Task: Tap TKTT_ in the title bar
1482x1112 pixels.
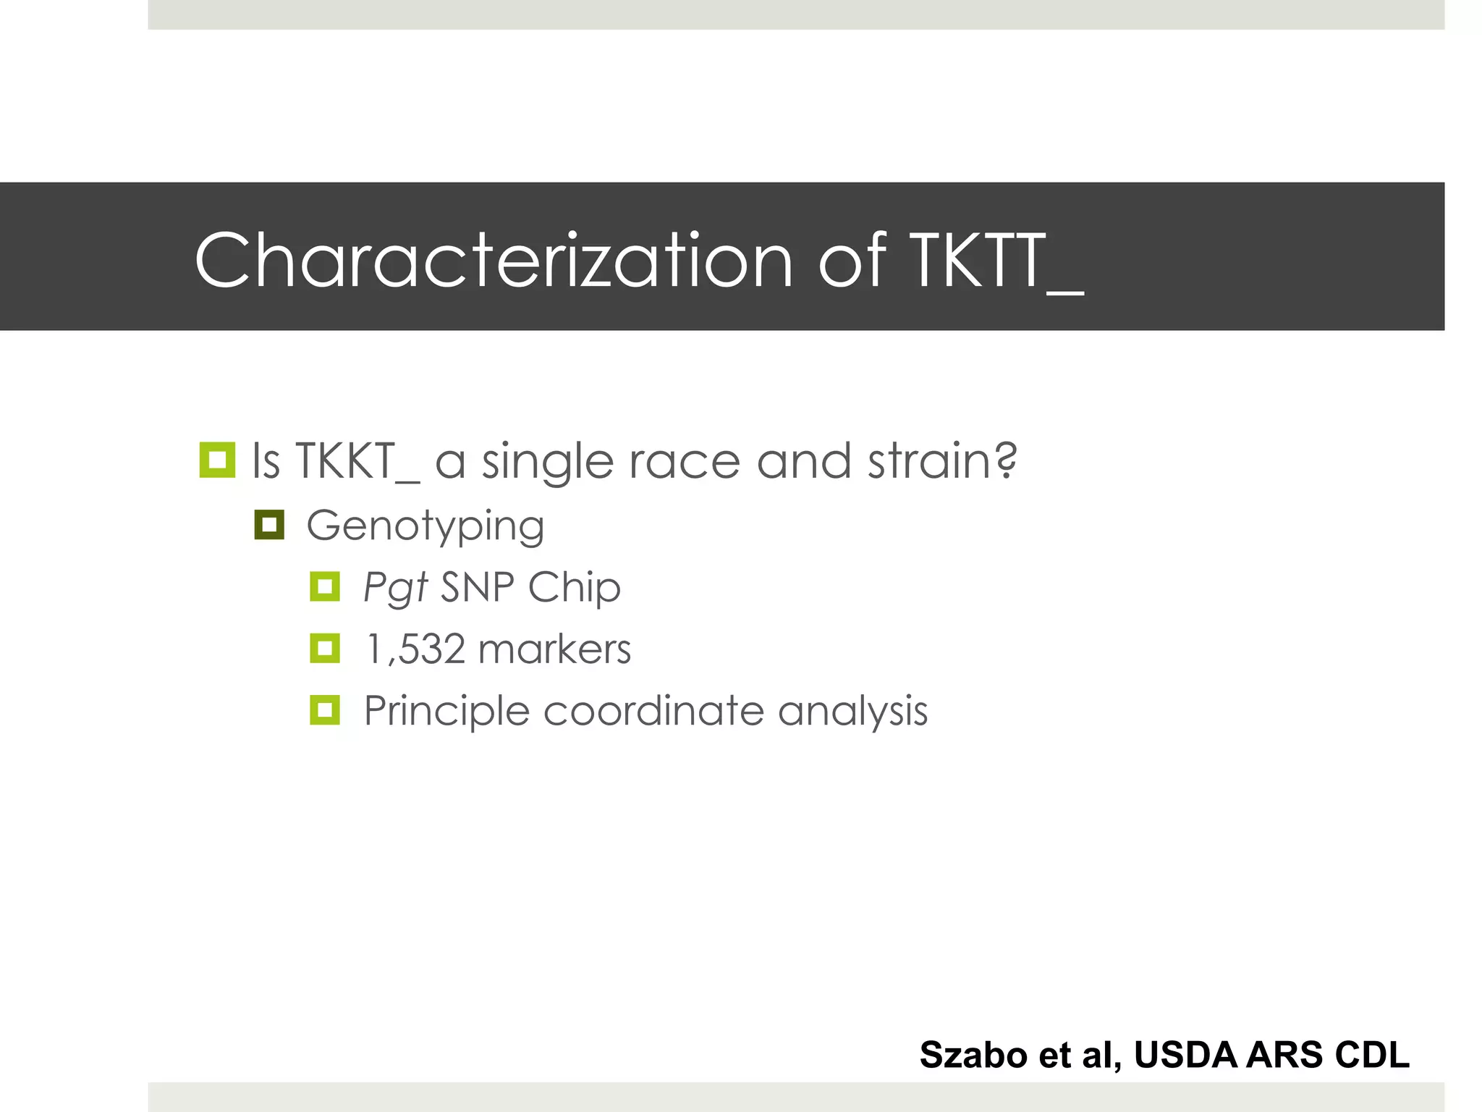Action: pos(996,261)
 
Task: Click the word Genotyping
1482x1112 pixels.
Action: pos(425,526)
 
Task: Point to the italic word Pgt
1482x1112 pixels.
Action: pos(395,587)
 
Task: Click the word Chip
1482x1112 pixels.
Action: pos(574,587)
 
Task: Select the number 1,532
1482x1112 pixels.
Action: pos(415,649)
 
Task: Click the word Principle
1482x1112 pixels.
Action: pos(446,711)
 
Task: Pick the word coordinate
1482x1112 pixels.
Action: pos(653,711)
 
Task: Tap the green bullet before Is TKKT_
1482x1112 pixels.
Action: pos(217,460)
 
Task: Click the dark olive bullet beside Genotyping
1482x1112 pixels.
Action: pos(269,525)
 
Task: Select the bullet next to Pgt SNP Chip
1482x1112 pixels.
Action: pos(325,586)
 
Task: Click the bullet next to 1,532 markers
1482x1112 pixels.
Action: pos(325,648)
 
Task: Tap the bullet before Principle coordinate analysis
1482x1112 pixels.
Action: pos(325,710)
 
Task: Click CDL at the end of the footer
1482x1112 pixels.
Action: pos(1372,1055)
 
